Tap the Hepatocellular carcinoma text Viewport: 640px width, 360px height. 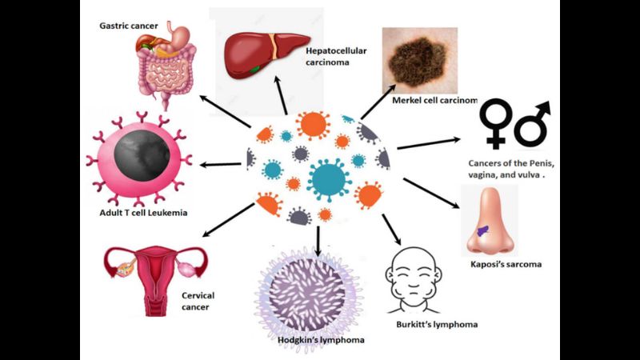pyautogui.click(x=336, y=58)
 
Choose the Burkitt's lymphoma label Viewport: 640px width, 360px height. pyautogui.click(x=437, y=325)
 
